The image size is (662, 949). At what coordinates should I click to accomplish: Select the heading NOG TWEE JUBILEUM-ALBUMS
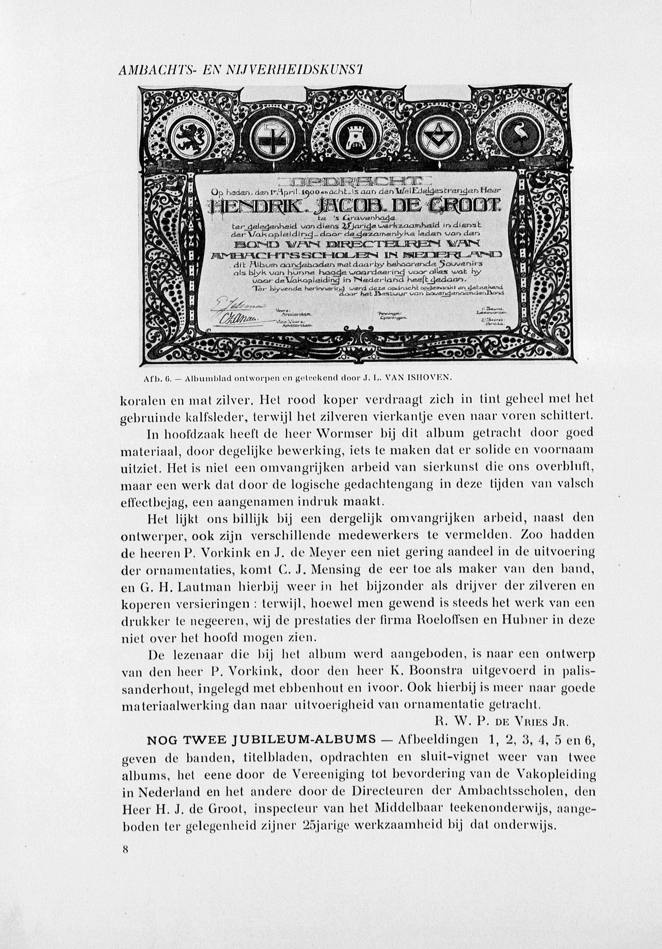click(261, 739)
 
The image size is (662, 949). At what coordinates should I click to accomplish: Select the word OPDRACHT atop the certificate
click(355, 181)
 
